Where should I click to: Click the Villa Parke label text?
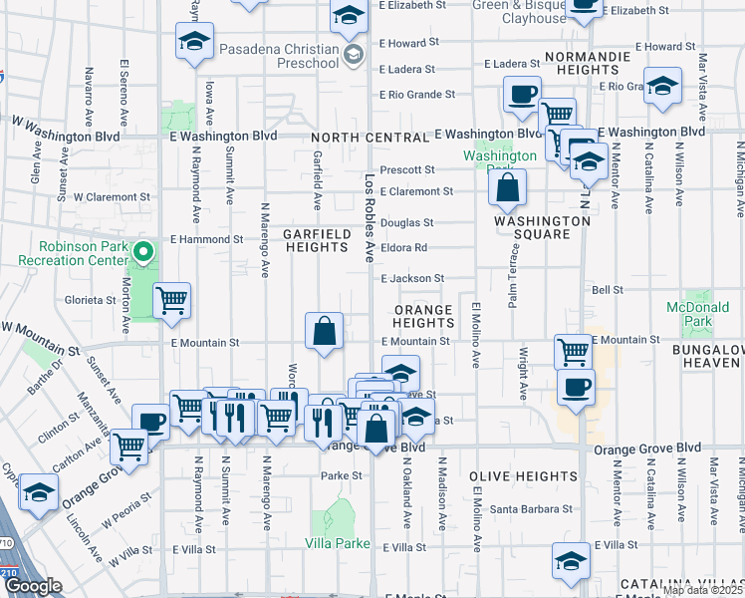[x=338, y=544]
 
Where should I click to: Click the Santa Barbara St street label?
[x=531, y=508]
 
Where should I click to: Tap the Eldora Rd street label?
[x=403, y=248]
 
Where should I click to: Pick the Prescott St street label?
[x=407, y=170]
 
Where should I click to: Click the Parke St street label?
[x=341, y=476]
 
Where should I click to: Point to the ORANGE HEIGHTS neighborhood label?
[x=422, y=316]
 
